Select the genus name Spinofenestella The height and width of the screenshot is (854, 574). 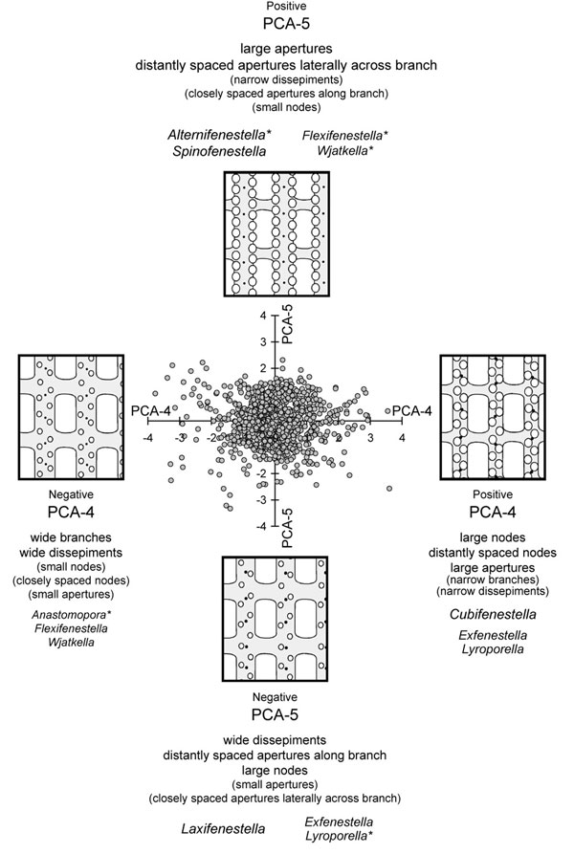[x=216, y=151]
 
